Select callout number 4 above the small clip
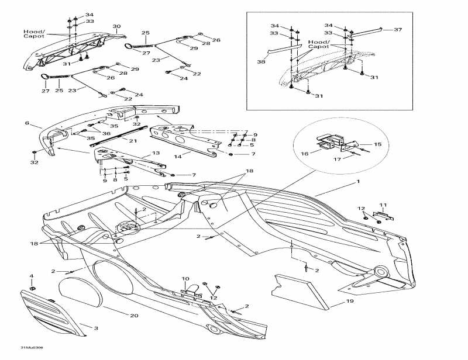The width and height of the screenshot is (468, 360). (x=32, y=276)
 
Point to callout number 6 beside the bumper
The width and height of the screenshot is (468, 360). (x=27, y=123)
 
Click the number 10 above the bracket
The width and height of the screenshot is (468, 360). (x=185, y=279)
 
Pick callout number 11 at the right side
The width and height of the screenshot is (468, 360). (x=383, y=205)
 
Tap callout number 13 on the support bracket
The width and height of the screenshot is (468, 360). (x=156, y=153)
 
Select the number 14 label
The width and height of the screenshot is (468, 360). (x=178, y=157)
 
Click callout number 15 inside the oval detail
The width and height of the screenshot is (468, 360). (x=377, y=144)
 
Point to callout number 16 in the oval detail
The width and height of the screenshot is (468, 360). (x=304, y=154)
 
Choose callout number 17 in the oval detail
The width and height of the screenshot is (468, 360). (x=337, y=159)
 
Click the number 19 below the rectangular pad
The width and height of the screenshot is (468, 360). (x=333, y=303)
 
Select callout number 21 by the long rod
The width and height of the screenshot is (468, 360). (x=133, y=141)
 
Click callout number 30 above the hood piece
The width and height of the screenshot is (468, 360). (x=116, y=27)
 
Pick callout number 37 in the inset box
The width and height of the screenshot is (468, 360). (x=398, y=29)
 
